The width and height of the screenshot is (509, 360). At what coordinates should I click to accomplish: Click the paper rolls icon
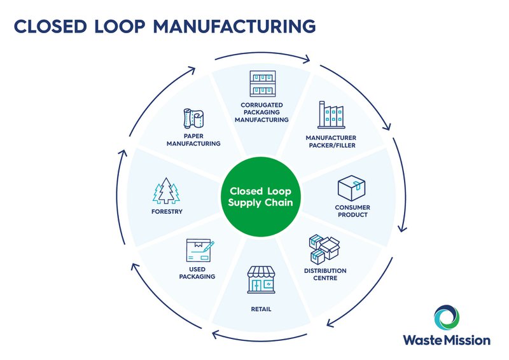[x=193, y=119]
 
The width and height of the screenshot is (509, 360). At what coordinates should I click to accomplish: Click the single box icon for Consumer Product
[x=352, y=188]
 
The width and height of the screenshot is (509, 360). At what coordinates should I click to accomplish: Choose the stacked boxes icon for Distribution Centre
[x=324, y=249]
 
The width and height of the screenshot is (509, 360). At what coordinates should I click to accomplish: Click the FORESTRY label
[x=167, y=211]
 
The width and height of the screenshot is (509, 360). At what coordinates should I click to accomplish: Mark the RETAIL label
[x=261, y=309]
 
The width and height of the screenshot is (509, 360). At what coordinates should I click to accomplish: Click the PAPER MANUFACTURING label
[x=193, y=139]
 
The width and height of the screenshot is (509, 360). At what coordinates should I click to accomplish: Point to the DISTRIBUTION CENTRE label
[x=325, y=274]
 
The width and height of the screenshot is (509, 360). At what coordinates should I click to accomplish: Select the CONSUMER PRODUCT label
[x=352, y=211]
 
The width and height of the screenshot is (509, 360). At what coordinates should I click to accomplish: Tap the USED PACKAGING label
[x=197, y=273]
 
